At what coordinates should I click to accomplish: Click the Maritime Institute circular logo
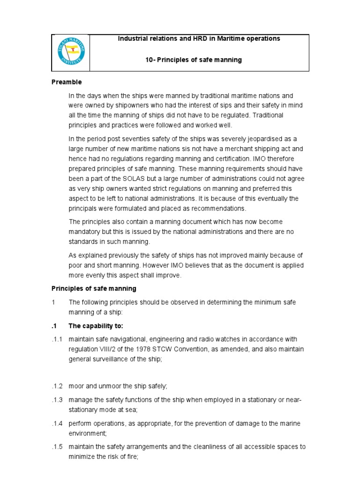pos(70,52)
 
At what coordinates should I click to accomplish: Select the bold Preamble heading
pos(67,82)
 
